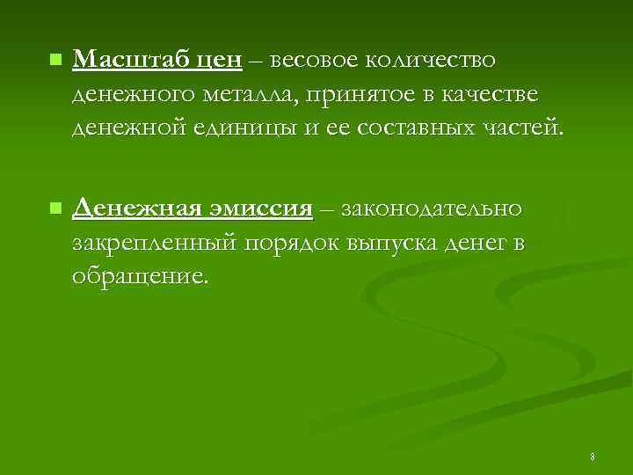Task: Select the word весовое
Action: pyautogui.click(x=315, y=60)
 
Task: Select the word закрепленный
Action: pyautogui.click(x=155, y=245)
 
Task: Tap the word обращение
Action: pyautogui.click(x=142, y=278)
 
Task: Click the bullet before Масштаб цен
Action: pyautogui.click(x=55, y=61)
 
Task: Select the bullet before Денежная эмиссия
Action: pyautogui.click(x=55, y=209)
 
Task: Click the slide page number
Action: pyautogui.click(x=593, y=457)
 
